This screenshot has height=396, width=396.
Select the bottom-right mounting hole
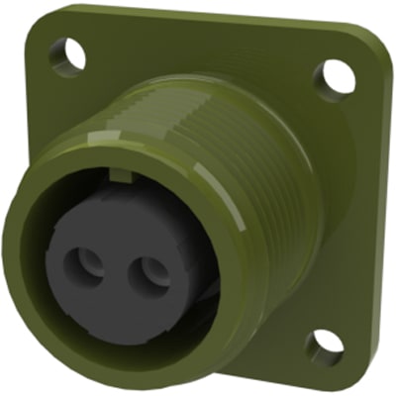coord(324,347)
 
